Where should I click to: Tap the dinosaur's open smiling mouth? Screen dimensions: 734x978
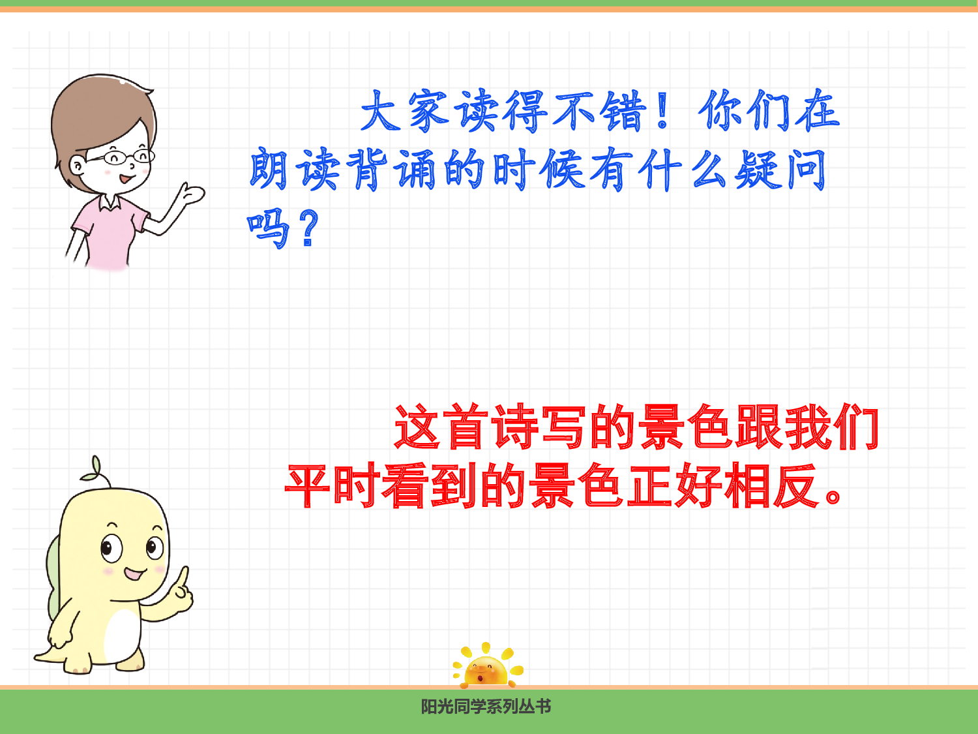[135, 575]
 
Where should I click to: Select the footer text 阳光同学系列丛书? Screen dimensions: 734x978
[486, 707]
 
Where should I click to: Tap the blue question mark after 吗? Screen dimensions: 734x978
[309, 228]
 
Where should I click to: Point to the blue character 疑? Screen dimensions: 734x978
[756, 170]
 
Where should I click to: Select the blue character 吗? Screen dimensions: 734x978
[268, 228]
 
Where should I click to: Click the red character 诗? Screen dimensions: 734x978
[516, 427]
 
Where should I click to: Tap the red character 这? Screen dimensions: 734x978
[417, 427]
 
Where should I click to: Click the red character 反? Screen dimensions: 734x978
[795, 486]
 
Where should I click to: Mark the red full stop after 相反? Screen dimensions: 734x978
[834, 496]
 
